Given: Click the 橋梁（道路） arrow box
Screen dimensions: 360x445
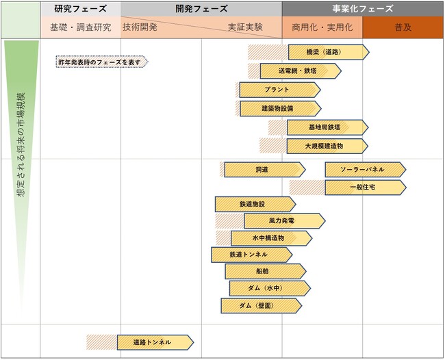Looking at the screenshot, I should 328,52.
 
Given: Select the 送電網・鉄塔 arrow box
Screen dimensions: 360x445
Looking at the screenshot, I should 300,71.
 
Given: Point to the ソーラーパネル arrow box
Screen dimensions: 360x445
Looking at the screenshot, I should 365,170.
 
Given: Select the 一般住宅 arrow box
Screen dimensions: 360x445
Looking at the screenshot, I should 365,188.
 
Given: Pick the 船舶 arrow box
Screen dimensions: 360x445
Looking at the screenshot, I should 265,272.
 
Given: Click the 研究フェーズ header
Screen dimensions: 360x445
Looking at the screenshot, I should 80,9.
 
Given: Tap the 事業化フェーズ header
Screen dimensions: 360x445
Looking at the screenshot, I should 362,9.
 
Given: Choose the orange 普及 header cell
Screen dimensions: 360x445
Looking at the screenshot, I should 403,27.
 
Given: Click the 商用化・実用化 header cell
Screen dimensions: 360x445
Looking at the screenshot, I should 322,27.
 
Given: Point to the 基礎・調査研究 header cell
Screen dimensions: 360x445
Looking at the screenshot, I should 80,27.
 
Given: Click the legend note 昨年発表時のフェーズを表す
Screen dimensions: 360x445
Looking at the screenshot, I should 101,62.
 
